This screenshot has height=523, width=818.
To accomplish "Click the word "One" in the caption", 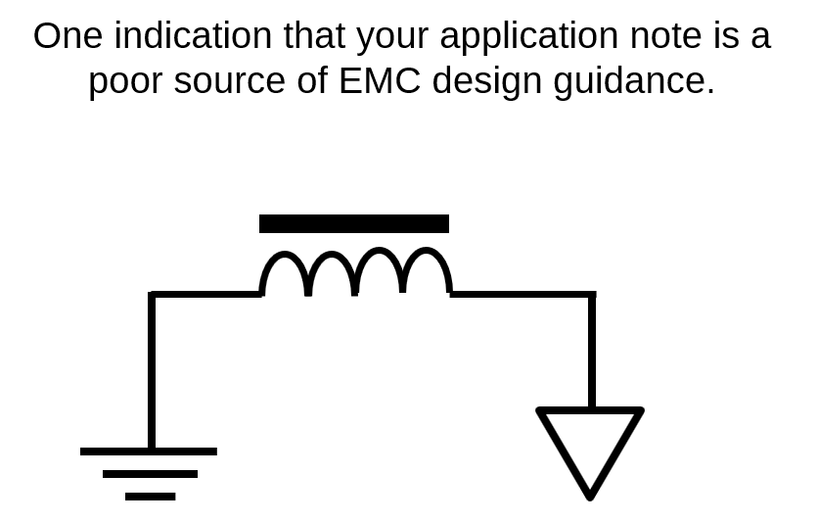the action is [68, 36].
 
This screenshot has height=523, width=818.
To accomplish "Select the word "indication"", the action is [193, 35].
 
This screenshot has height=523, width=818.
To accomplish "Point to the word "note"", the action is [665, 36].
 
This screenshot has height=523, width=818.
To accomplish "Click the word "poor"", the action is [125, 83].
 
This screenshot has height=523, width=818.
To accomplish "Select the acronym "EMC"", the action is [380, 81].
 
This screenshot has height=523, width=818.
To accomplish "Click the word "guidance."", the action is [634, 83].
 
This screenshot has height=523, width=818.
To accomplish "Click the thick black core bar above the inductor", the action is [353, 223].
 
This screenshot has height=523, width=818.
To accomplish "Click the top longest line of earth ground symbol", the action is [149, 452].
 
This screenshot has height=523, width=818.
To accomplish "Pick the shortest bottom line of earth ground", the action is [151, 497].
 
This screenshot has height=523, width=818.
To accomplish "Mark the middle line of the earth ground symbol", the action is [151, 474].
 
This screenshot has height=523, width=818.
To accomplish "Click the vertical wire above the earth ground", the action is [152, 369].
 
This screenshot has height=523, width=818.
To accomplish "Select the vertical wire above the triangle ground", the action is [592, 350].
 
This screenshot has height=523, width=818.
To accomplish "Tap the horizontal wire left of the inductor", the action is [205, 295].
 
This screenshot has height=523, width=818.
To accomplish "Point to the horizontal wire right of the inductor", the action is [523, 295].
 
